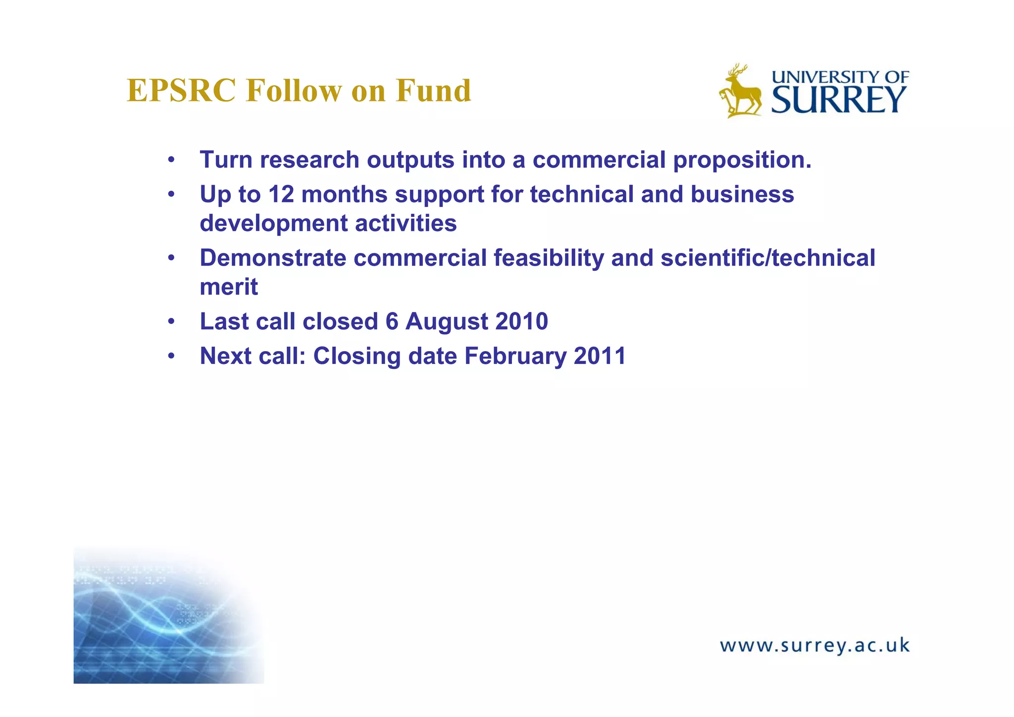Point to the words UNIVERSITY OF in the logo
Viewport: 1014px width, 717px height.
[x=840, y=77]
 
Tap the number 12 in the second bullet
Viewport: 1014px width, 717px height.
[x=281, y=194]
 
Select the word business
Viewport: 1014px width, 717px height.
[x=742, y=194]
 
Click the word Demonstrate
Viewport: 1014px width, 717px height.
[x=273, y=258]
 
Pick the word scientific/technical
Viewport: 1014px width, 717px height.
[x=768, y=258]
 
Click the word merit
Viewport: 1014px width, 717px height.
[x=229, y=287]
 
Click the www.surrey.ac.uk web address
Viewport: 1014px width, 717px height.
[x=814, y=646]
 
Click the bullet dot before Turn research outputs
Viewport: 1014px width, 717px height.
[x=171, y=160]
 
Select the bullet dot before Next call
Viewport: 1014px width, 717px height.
[x=171, y=356]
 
